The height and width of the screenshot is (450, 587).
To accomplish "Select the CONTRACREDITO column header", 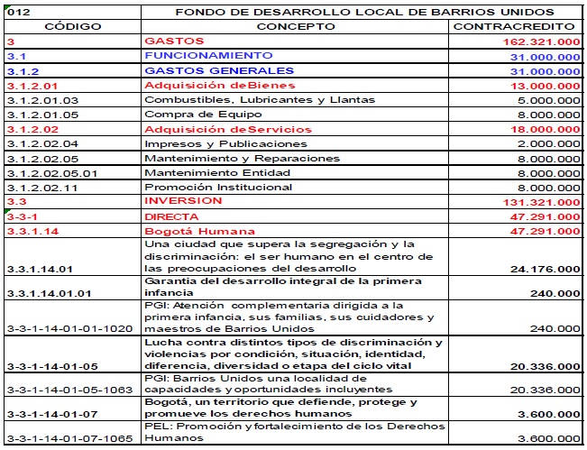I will (x=517, y=27).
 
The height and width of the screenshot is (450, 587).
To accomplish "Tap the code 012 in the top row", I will (x=19, y=12).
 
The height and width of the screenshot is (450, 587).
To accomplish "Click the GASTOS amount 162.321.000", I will (x=541, y=42).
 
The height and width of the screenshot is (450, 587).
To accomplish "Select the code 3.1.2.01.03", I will (x=42, y=100).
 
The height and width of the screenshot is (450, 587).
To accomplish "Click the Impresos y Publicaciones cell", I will (x=225, y=144).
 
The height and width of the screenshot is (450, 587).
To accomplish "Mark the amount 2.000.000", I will (x=551, y=144).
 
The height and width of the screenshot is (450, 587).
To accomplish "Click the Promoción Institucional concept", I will (x=218, y=188).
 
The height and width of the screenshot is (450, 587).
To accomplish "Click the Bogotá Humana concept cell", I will (x=200, y=232).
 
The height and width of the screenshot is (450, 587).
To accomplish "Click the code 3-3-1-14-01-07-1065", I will (x=68, y=439).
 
